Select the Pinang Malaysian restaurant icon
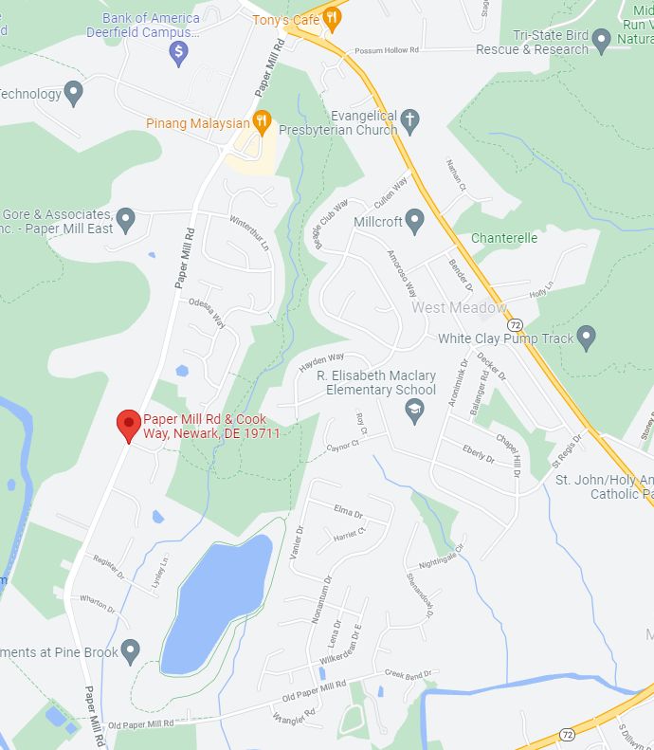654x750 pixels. tap(263, 121)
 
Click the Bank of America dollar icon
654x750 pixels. tap(178, 54)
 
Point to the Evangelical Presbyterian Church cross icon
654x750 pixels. tap(409, 120)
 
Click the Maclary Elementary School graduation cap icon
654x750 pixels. tap(414, 409)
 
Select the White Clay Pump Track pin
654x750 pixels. tap(587, 337)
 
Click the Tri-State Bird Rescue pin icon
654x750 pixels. tap(601, 41)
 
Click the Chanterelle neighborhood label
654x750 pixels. tap(504, 238)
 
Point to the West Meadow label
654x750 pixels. tap(459, 307)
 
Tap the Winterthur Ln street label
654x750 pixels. tap(249, 231)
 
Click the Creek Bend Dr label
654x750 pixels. tap(409, 675)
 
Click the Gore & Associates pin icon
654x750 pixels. tap(125, 221)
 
